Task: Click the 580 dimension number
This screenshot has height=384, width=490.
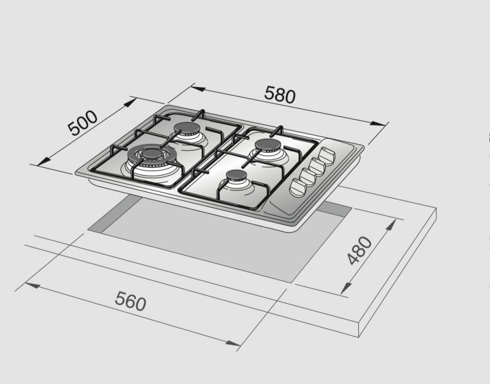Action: (x=280, y=95)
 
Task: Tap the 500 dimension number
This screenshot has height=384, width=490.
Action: (x=83, y=123)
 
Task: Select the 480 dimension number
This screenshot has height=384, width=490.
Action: (x=360, y=250)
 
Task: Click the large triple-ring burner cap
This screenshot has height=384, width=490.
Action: (x=150, y=154)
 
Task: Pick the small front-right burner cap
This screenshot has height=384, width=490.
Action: (x=237, y=175)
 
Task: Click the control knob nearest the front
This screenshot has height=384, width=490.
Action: (x=299, y=187)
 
